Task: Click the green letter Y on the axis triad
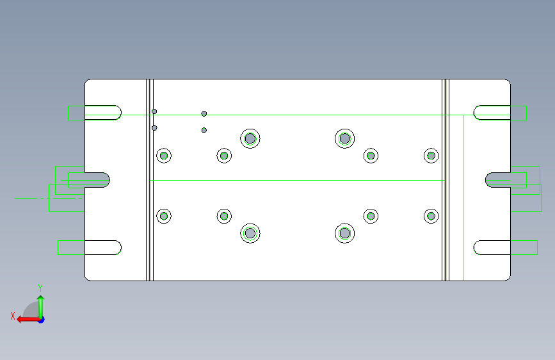40,288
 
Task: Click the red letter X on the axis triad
13,316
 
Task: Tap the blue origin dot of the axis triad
41,320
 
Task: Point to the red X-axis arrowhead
19,320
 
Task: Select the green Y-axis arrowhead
41,298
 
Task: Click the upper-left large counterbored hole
250,138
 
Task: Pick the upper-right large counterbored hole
345,138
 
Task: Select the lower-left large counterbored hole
250,233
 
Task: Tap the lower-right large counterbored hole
345,233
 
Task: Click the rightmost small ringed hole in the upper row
431,156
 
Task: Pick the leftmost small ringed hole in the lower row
164,216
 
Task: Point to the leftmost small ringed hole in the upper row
164,156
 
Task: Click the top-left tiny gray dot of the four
154,111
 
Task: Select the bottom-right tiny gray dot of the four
204,130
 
